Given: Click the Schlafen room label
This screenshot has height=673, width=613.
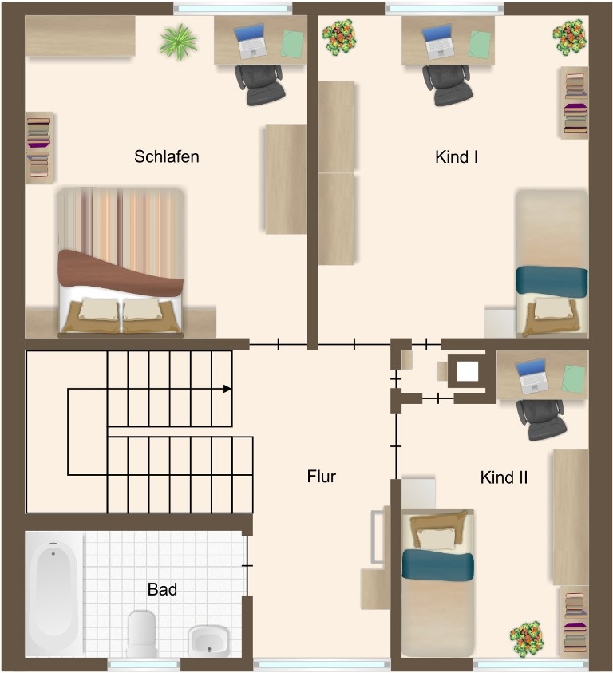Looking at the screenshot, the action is point(167,156).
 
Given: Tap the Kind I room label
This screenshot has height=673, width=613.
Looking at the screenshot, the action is point(457,157).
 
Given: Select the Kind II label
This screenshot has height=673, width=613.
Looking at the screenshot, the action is point(504,477).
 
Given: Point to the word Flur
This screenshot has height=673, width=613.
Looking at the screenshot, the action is point(322,477).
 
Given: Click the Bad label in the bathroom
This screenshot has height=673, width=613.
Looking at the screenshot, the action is point(162,589).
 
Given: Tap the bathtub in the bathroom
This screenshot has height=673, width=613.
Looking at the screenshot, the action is point(53,594).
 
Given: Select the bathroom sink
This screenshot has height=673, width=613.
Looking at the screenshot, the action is point(208,641).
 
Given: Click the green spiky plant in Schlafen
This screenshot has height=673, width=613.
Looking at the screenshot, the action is point(179,42).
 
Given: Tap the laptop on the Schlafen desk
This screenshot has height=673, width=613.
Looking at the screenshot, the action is point(251,42).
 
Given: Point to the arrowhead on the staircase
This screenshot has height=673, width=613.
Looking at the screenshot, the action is point(227,389).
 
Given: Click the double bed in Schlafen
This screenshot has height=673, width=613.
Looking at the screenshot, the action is point(121,261).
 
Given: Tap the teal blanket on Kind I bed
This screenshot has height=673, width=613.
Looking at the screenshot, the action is point(552,281).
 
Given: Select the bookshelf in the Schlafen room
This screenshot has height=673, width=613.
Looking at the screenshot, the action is point(39,148).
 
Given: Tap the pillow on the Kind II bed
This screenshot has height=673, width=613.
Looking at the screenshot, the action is point(437,538).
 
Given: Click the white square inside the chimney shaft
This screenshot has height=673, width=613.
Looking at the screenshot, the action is point(468,371).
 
